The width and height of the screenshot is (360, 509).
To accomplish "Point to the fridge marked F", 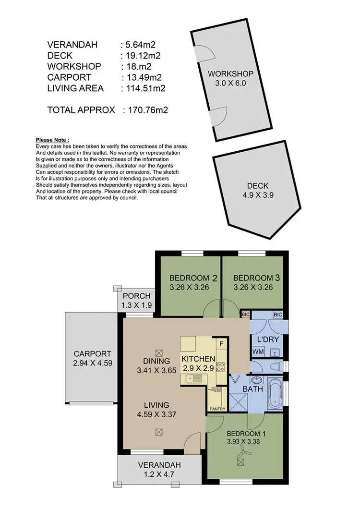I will point(221,343).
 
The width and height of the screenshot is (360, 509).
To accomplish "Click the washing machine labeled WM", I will point(258,352).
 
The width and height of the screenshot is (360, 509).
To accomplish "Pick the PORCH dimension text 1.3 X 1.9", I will point(137,304).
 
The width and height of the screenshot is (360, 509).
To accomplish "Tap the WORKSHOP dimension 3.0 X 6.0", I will point(230,83).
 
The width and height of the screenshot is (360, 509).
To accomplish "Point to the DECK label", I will point(258,186).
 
